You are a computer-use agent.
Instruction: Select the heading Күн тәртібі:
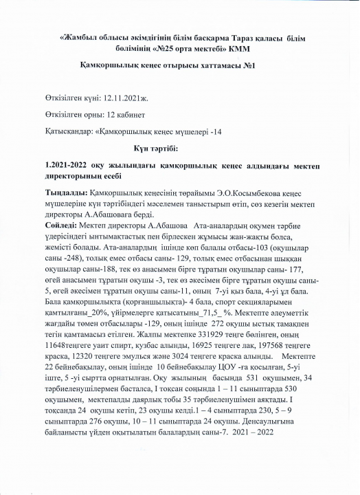tap(155, 148)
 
